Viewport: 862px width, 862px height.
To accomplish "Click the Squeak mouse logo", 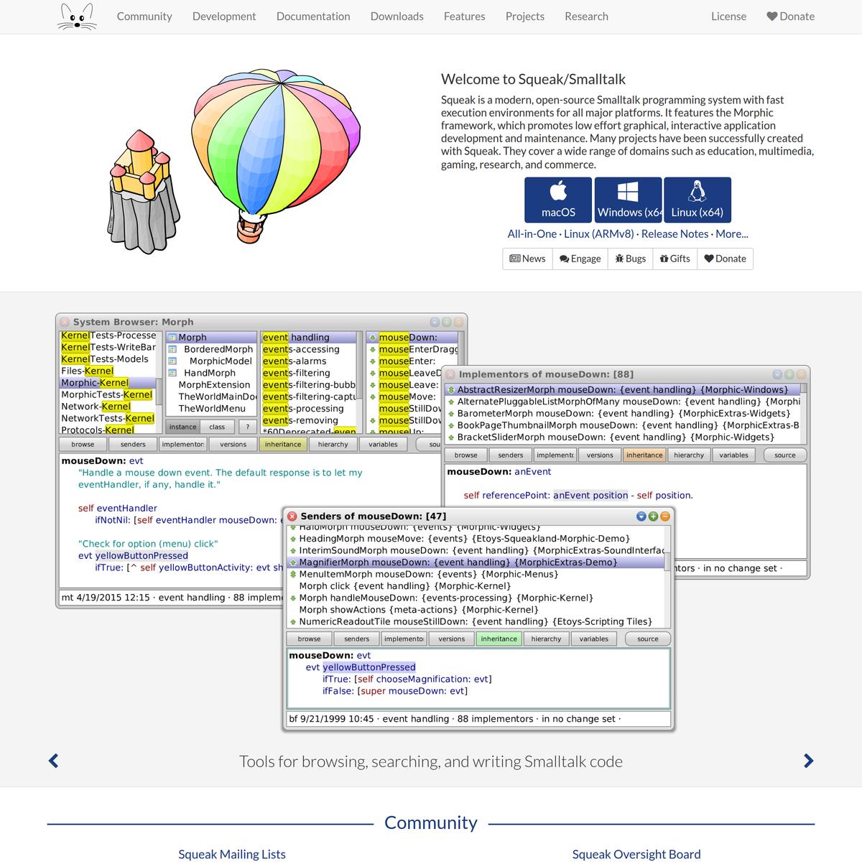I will [76, 17].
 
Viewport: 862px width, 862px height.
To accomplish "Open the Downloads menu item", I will [397, 17].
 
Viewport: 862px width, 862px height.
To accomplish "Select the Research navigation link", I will [586, 17].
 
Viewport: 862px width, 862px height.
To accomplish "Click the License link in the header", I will [728, 17].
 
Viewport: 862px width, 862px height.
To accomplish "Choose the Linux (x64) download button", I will [697, 200].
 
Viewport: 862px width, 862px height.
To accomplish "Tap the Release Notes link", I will [675, 233].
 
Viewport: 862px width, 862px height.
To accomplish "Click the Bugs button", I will [630, 259].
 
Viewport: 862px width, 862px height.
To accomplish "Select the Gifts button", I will [675, 259].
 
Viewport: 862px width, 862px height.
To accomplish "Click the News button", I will [527, 259].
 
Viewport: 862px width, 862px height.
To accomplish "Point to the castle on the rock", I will [142, 187].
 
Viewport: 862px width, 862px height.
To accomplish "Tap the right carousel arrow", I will [808, 761].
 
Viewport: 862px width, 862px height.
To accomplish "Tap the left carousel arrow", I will [53, 761].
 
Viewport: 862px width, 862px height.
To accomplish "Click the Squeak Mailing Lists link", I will [231, 854].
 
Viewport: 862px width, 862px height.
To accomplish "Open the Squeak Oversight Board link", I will [636, 854].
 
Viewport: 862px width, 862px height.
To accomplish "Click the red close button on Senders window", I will [292, 516].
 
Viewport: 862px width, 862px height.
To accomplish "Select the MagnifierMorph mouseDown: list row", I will [458, 562].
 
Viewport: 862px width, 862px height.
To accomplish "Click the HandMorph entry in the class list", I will [209, 373].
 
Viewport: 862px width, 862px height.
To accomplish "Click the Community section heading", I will [430, 822].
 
